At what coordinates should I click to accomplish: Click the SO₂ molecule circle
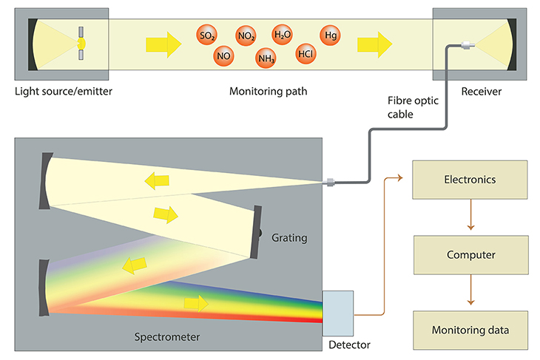[207, 35]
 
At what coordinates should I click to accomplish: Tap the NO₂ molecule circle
[246, 35]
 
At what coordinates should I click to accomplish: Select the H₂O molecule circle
[283, 34]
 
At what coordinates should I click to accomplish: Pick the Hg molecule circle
[330, 34]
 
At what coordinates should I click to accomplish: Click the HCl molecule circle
[305, 54]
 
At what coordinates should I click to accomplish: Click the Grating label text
[289, 238]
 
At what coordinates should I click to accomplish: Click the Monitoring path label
[268, 92]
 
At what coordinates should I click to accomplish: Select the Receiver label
[481, 92]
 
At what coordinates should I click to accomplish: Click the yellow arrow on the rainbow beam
[196, 303]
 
